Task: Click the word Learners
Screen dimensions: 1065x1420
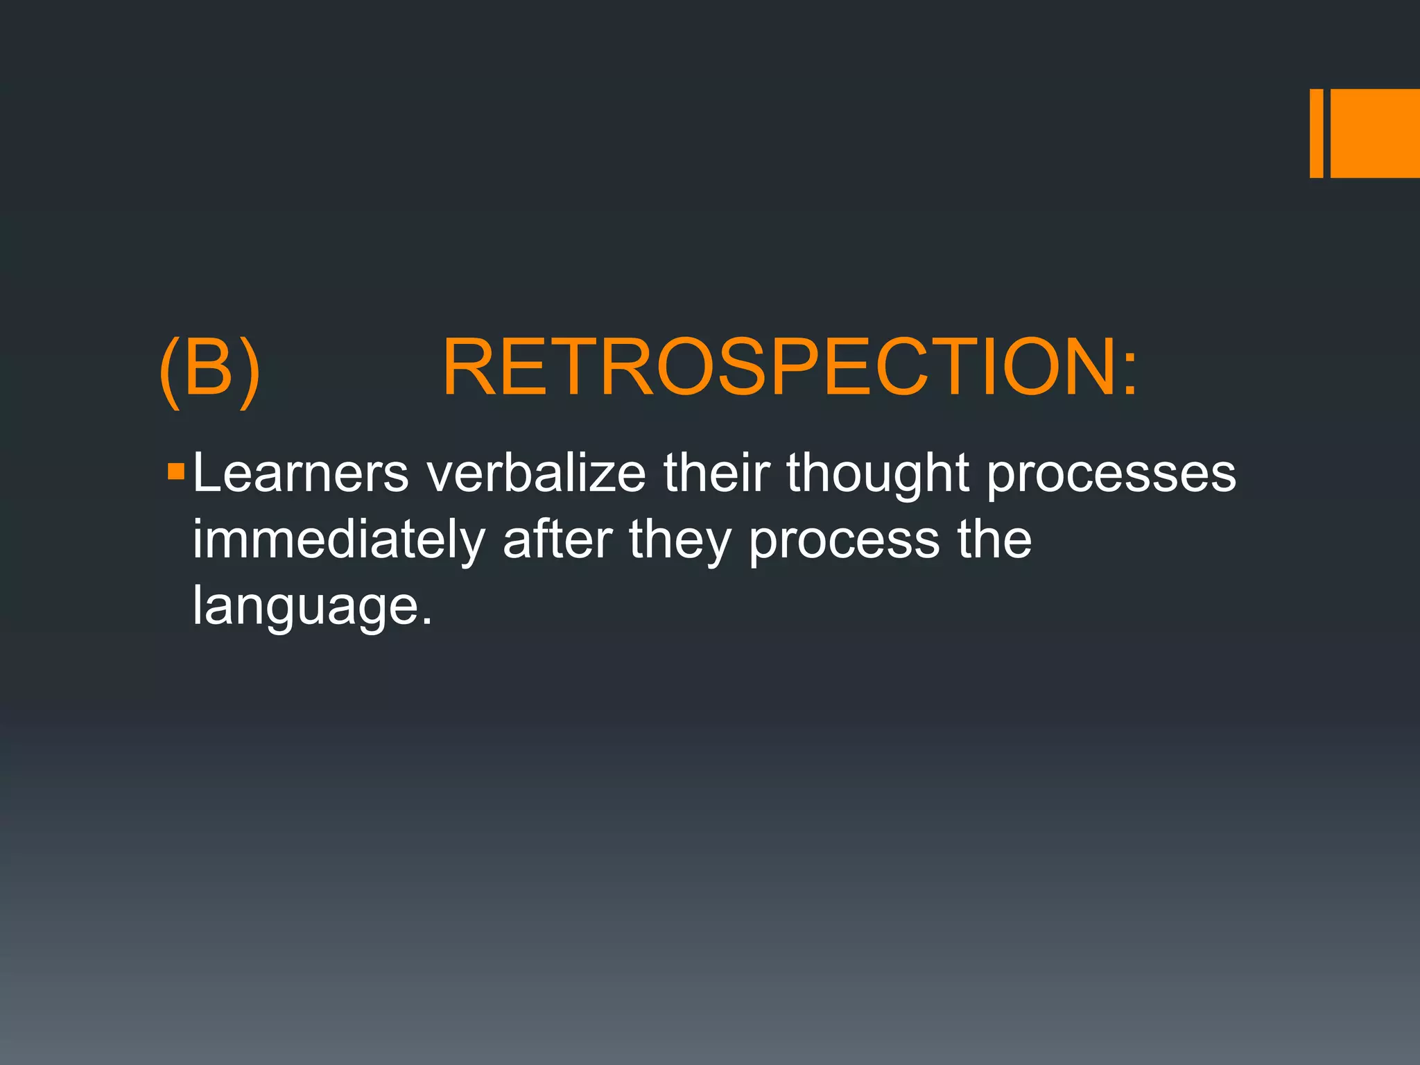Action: click(300, 473)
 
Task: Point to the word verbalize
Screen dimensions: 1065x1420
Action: click(536, 473)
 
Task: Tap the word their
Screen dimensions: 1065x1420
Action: click(716, 473)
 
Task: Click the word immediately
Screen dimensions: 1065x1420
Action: click(338, 541)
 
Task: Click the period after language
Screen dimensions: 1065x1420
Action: click(426, 621)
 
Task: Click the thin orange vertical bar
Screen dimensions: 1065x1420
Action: click(1316, 133)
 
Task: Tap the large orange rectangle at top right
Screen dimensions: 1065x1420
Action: click(1375, 133)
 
